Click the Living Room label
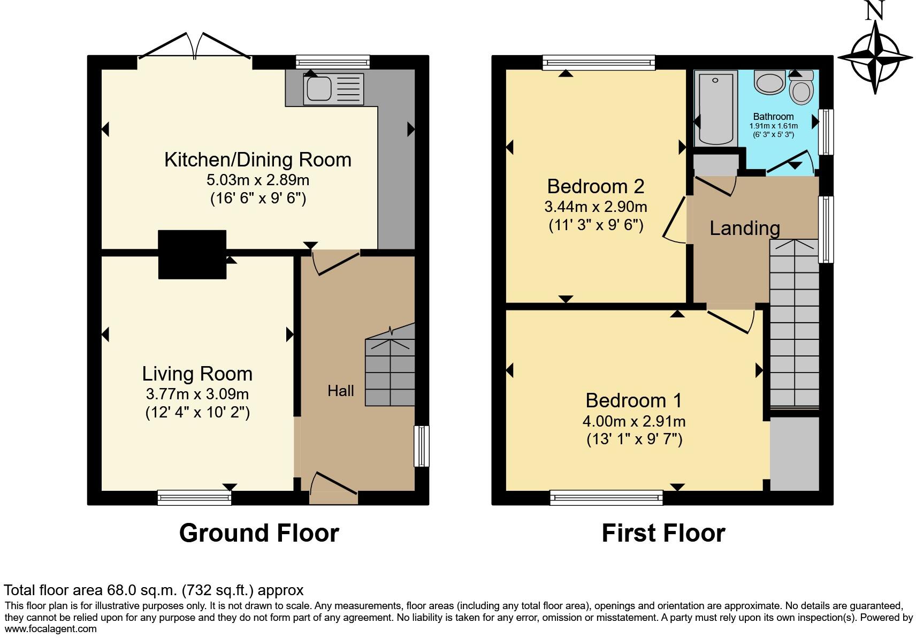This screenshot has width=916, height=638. click(x=197, y=374)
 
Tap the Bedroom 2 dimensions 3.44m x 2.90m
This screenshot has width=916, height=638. click(x=596, y=207)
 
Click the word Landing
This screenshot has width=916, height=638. click(x=744, y=229)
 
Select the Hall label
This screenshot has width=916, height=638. click(x=340, y=391)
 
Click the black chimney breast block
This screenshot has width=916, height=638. click(x=192, y=254)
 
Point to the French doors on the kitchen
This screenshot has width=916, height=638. click(x=195, y=48)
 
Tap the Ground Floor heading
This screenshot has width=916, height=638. click(x=259, y=533)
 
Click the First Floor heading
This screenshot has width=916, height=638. click(x=663, y=533)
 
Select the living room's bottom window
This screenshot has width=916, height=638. click(x=194, y=498)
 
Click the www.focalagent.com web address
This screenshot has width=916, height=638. click(x=50, y=629)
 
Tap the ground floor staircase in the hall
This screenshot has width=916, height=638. click(x=390, y=373)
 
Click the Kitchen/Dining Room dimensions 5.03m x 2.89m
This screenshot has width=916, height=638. click(x=257, y=180)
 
